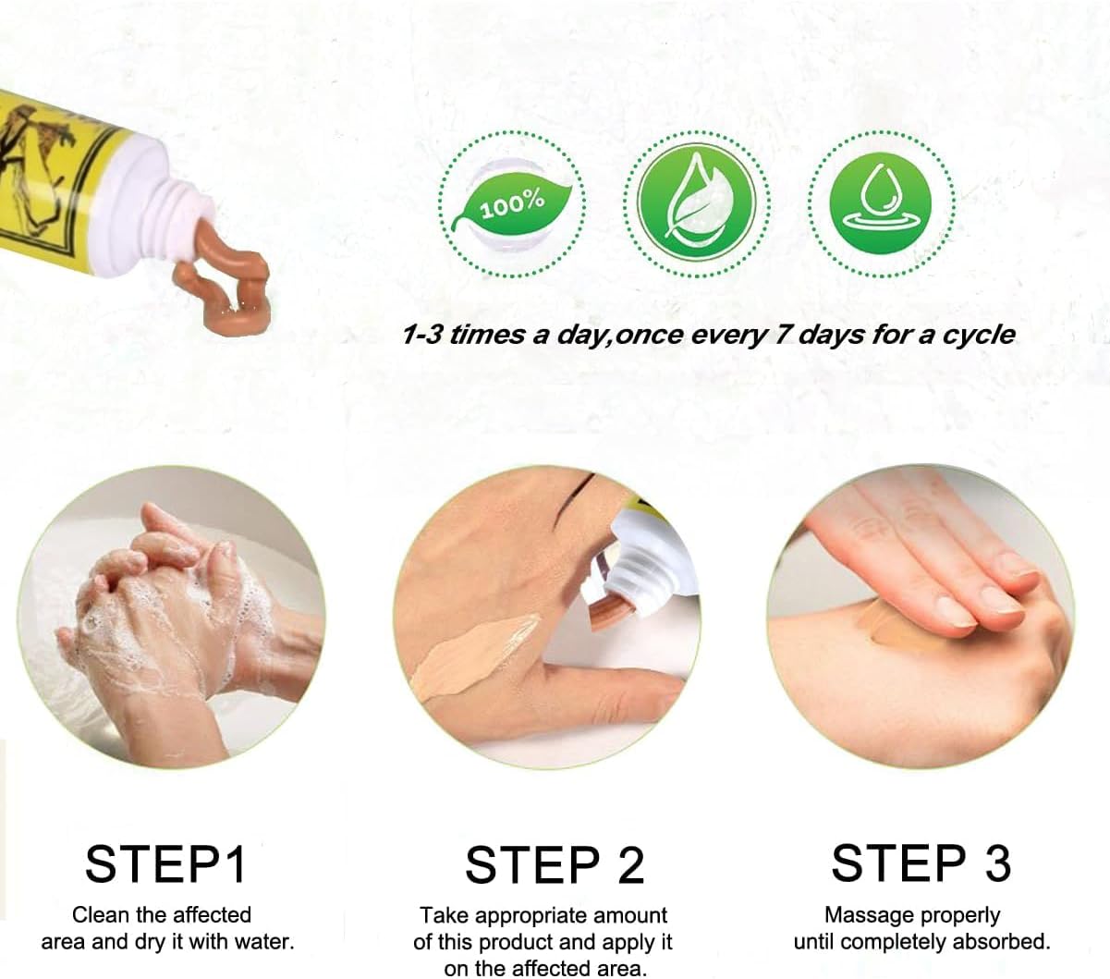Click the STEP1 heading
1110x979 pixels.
(x=166, y=863)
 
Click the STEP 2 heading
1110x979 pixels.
(x=554, y=865)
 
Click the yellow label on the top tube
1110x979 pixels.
(x=55, y=176)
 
